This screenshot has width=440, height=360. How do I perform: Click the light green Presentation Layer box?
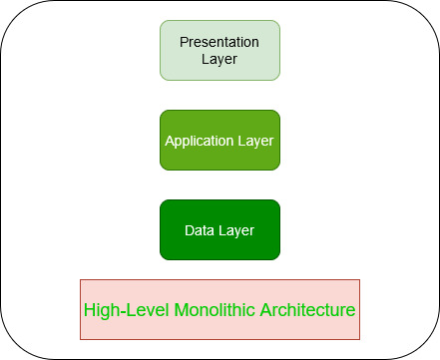click(220, 50)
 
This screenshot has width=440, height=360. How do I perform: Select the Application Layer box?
click(220, 140)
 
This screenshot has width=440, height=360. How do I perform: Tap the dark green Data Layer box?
click(220, 229)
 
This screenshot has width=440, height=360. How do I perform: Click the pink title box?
click(220, 309)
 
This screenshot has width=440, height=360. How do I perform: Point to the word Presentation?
click(220, 42)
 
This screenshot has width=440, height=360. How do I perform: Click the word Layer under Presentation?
click(220, 59)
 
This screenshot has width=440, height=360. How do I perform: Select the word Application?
click(200, 141)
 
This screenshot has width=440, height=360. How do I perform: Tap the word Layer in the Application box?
click(254, 141)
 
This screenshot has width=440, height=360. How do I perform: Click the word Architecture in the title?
click(308, 310)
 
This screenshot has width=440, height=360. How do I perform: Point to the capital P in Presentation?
click(183, 42)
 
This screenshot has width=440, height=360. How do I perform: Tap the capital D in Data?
click(190, 230)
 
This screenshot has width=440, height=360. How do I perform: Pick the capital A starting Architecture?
click(267, 310)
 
